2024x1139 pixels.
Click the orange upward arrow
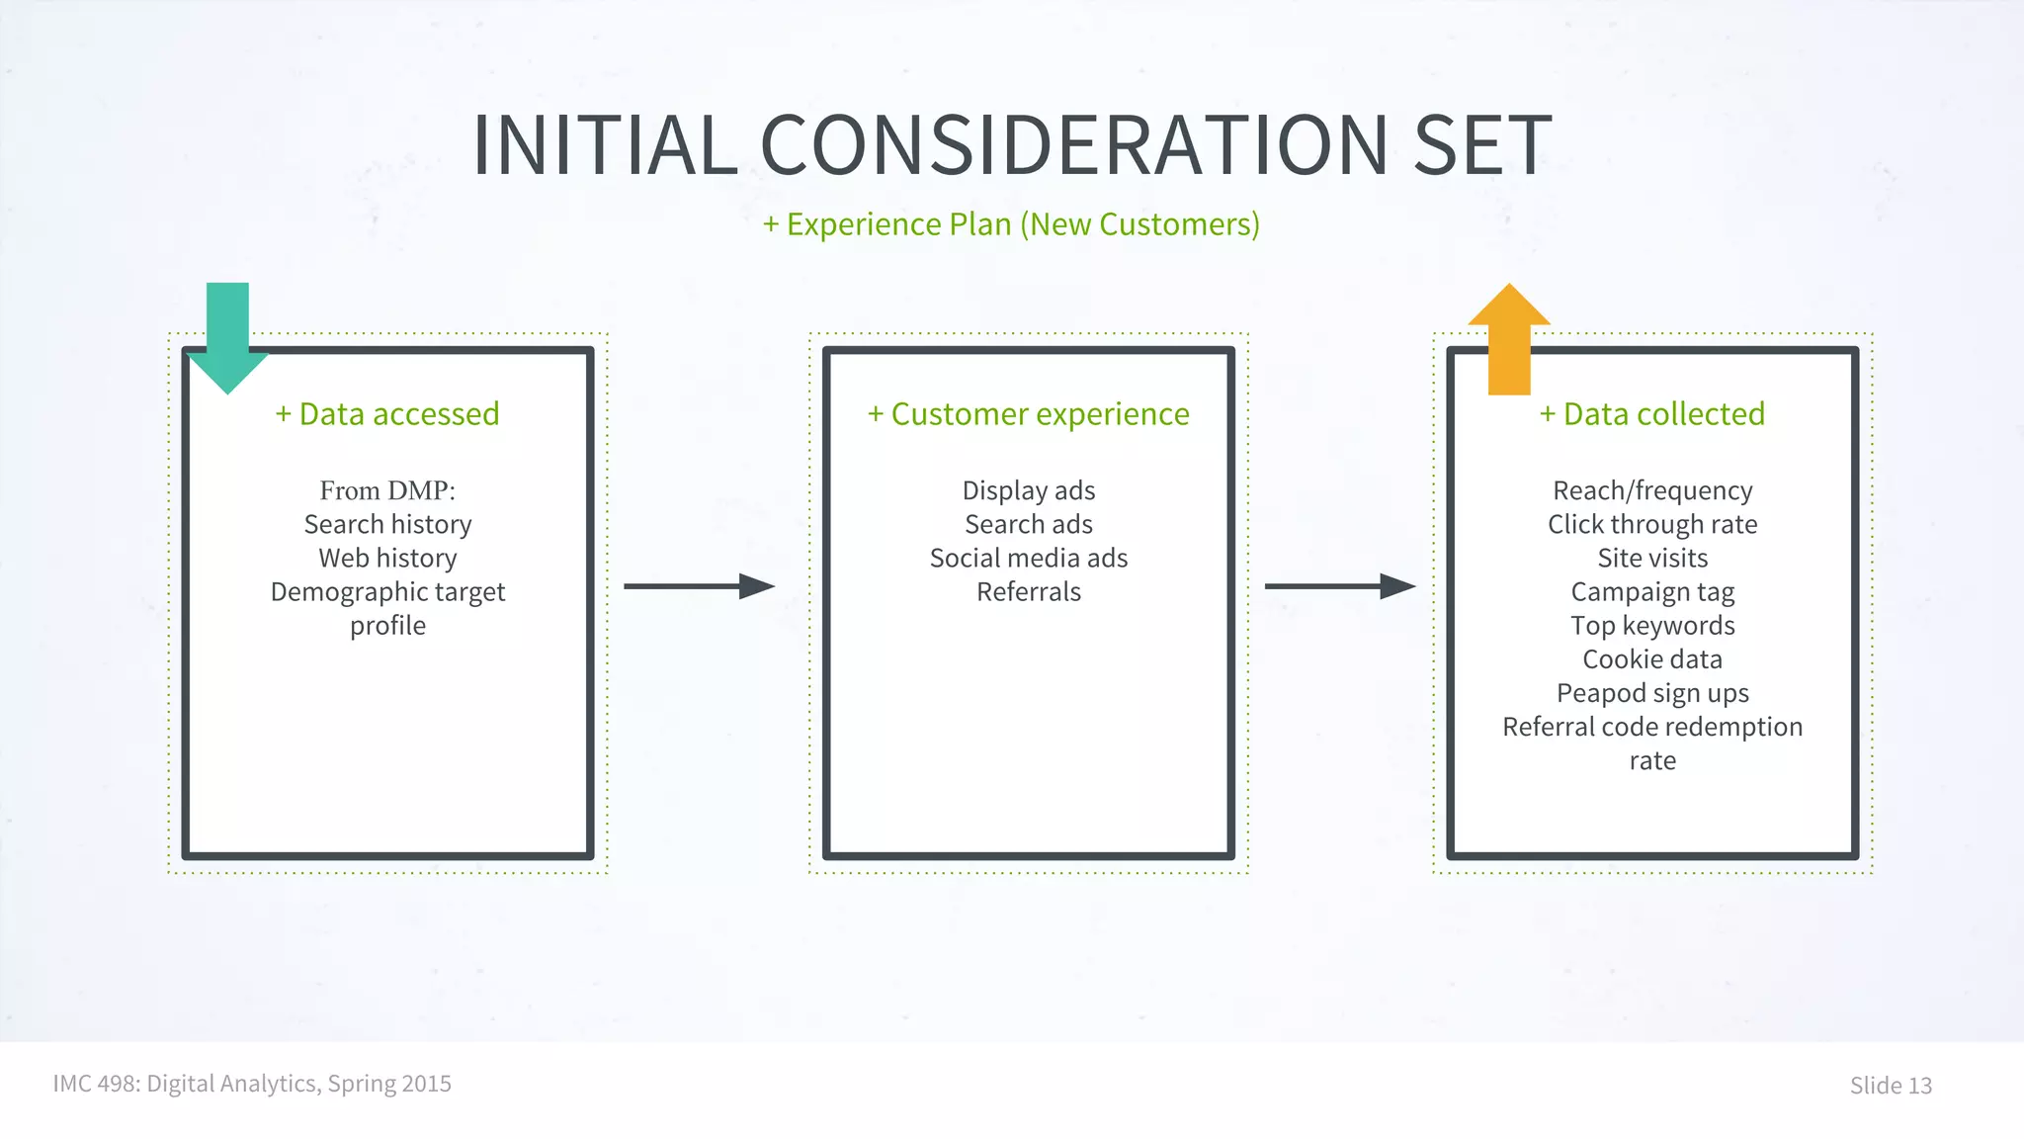click(x=1509, y=341)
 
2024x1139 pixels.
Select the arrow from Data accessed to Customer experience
click(x=699, y=586)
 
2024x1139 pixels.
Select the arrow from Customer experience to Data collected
click(x=1339, y=586)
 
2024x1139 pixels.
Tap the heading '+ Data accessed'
click(x=387, y=413)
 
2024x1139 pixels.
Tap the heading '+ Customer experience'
click(x=1028, y=413)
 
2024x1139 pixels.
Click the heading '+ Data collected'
click(x=1651, y=413)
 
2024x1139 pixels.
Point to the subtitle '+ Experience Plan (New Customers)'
click(x=1011, y=224)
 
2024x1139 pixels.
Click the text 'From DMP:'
click(x=387, y=490)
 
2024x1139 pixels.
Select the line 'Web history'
click(x=387, y=558)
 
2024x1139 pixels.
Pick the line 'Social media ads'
click(x=1028, y=558)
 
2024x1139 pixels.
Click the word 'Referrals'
click(x=1028, y=591)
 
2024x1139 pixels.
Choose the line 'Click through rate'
click(x=1651, y=524)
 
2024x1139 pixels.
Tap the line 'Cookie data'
click(x=1651, y=659)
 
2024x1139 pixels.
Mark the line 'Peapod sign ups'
click(x=1651, y=693)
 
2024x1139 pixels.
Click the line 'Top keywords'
click(x=1651, y=626)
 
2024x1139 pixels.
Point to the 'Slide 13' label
click(x=1890, y=1085)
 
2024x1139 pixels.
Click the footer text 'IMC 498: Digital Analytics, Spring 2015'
click(x=252, y=1084)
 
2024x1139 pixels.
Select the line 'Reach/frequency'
click(x=1651, y=490)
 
